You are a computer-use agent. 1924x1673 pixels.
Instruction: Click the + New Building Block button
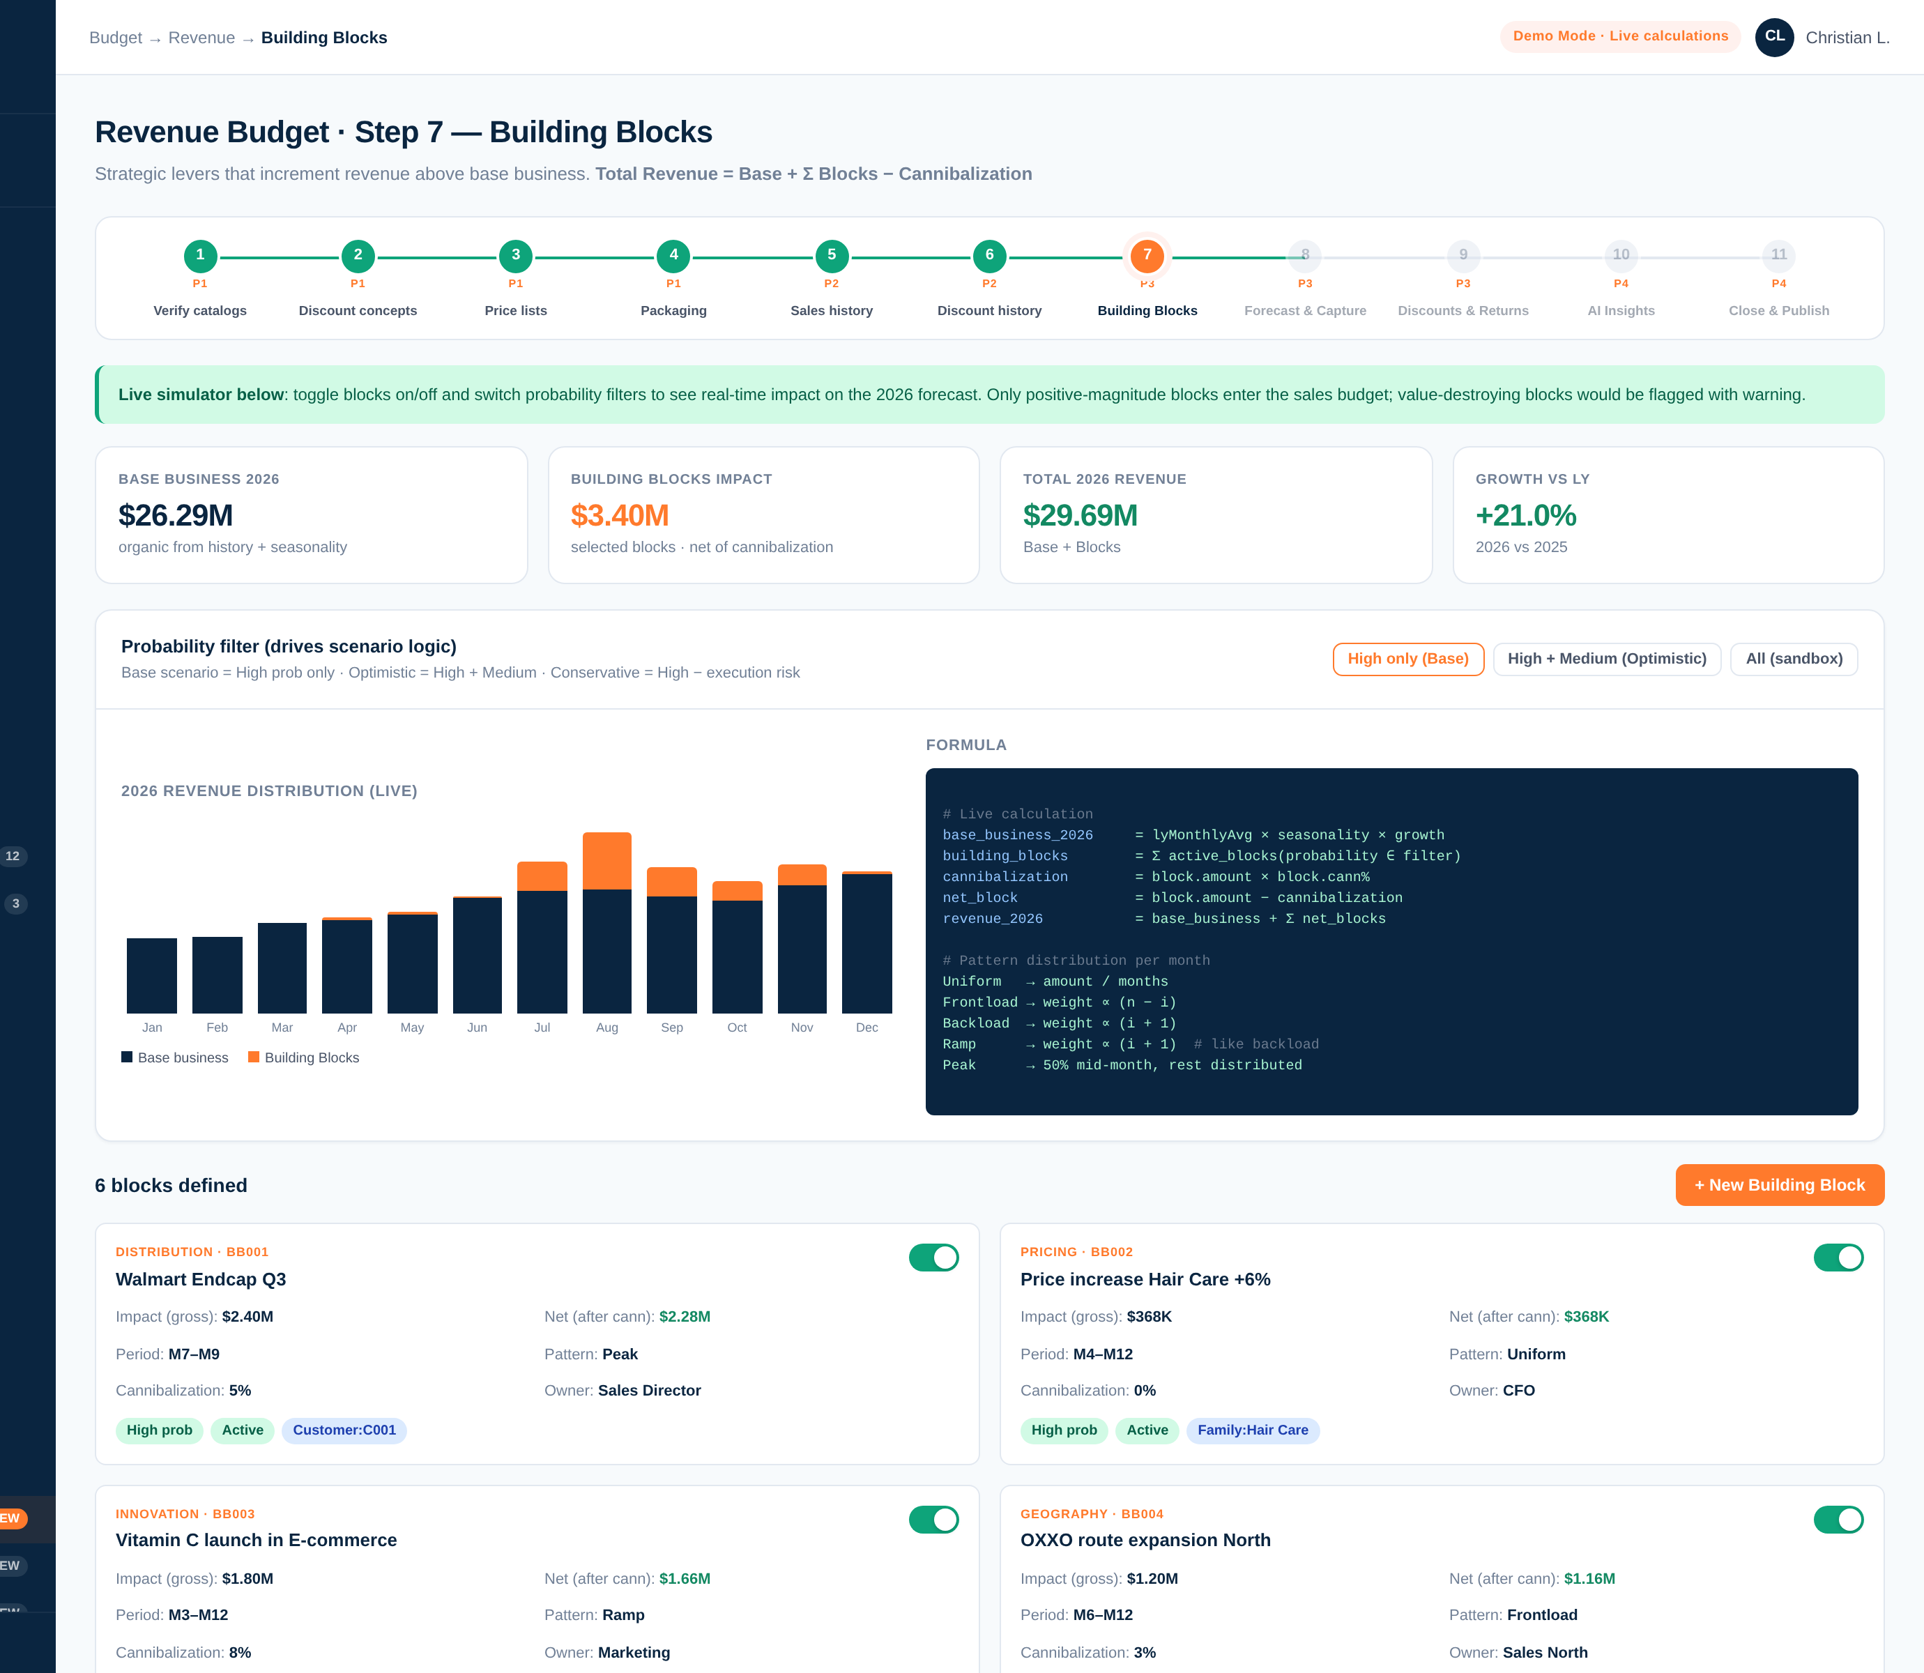pos(1779,1185)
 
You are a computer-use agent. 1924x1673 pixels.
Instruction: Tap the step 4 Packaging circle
pos(674,256)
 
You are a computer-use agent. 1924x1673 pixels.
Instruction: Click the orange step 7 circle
pos(1147,256)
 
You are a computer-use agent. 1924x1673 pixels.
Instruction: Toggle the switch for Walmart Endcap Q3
pos(933,1258)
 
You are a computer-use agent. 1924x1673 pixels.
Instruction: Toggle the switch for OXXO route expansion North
pos(1838,1520)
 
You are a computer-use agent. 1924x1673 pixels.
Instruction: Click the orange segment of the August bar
pos(606,861)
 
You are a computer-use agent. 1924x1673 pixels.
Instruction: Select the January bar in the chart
pos(152,976)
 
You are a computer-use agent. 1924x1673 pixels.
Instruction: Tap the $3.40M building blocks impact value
pos(620,515)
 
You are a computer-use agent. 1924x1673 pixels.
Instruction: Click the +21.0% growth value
pos(1525,515)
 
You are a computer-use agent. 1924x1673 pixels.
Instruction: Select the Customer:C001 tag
pos(344,1430)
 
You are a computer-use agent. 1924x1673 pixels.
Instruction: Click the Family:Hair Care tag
pos(1253,1430)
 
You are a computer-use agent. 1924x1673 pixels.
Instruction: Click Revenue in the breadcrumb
pos(201,38)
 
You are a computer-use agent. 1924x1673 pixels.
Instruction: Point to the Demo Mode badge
pos(1621,36)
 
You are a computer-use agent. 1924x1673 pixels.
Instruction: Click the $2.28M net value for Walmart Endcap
pos(685,1316)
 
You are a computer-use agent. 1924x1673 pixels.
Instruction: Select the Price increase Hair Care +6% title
pos(1145,1279)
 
